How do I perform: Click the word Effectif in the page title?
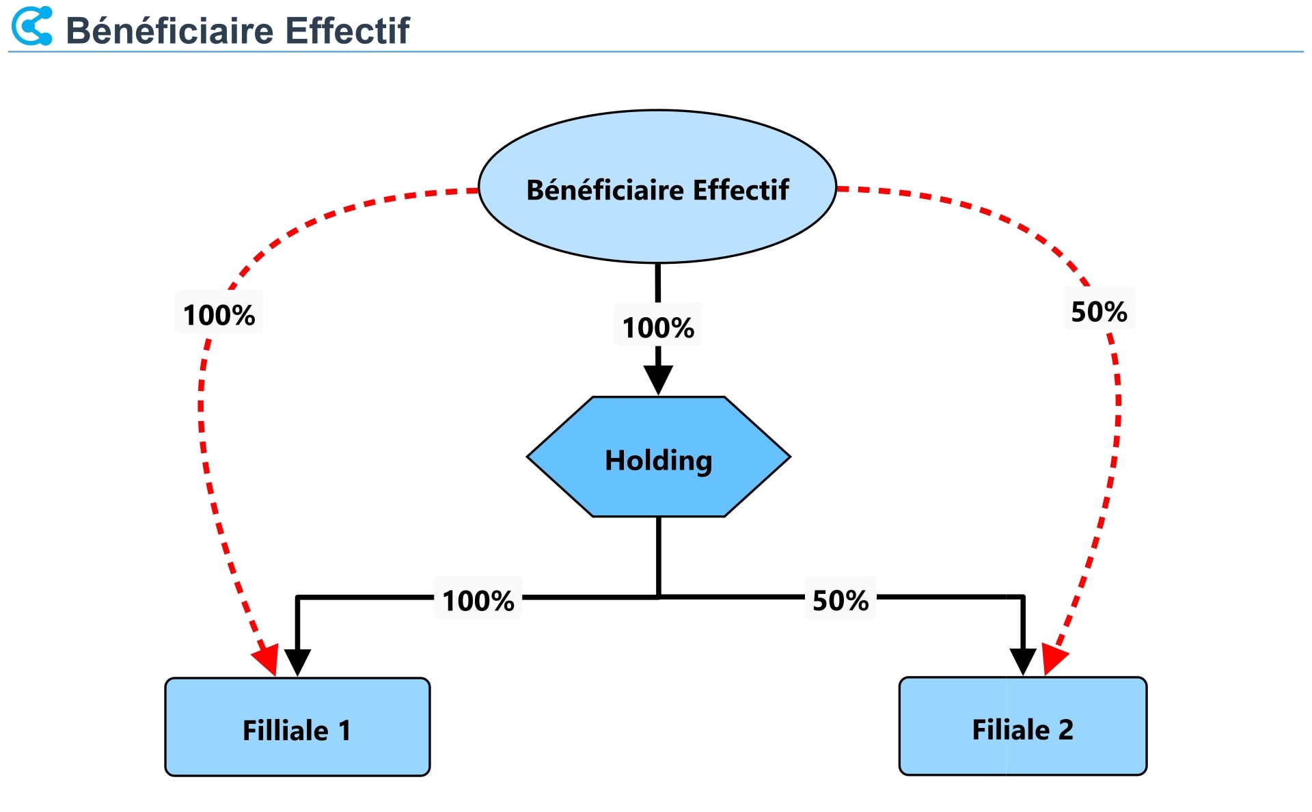coord(347,31)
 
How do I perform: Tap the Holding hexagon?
coord(658,457)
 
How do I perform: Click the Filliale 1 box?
coord(297,727)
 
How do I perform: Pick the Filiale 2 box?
coord(1022,727)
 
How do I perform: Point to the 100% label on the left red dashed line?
coord(219,315)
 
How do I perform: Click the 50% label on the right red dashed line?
coord(1099,312)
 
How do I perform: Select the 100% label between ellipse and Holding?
coord(658,327)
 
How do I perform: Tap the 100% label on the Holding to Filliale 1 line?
coord(478,601)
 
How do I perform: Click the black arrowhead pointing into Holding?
coord(658,379)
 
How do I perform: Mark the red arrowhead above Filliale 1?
coord(268,659)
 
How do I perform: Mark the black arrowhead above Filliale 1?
coord(297,662)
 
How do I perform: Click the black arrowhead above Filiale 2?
coord(1023,662)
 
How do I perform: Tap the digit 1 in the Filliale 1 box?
coord(344,731)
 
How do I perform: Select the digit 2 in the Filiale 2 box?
coord(1066,730)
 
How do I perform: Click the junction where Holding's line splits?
coord(658,597)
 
